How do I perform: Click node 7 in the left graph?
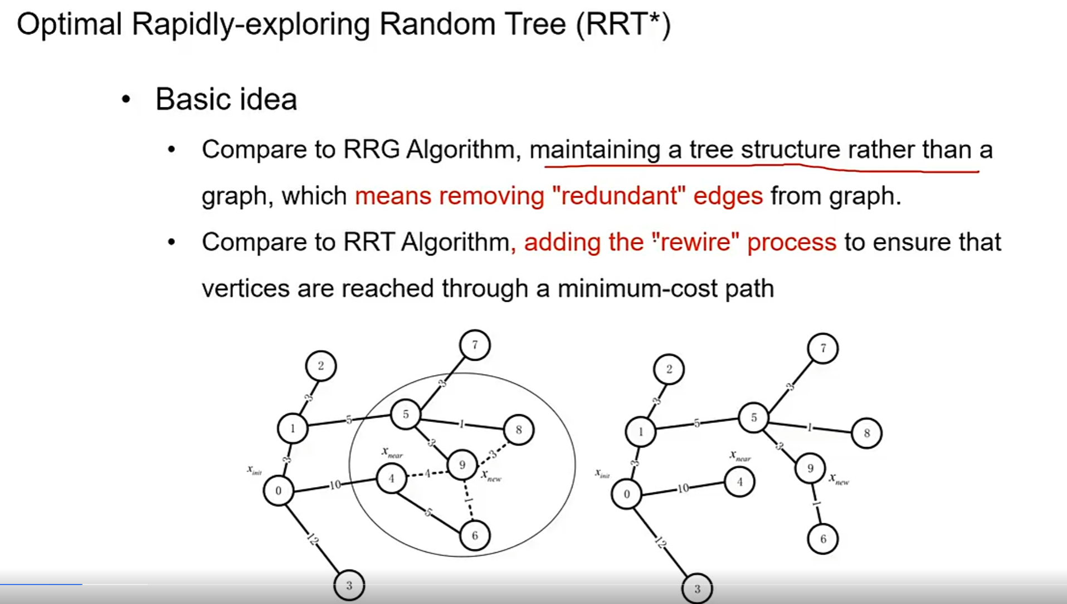[475, 345]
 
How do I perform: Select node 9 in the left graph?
[462, 465]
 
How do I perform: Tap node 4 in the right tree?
[739, 482]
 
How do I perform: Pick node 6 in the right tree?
[822, 539]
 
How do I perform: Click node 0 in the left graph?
[278, 491]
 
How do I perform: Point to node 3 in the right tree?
[697, 589]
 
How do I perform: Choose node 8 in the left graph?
[519, 430]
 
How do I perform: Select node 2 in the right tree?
[669, 369]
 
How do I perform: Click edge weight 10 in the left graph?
[335, 485]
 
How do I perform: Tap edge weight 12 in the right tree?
[661, 542]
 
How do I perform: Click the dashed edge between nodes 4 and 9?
[427, 474]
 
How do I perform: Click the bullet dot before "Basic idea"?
[126, 100]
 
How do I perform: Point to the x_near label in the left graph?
[392, 452]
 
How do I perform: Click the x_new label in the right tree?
[839, 479]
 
